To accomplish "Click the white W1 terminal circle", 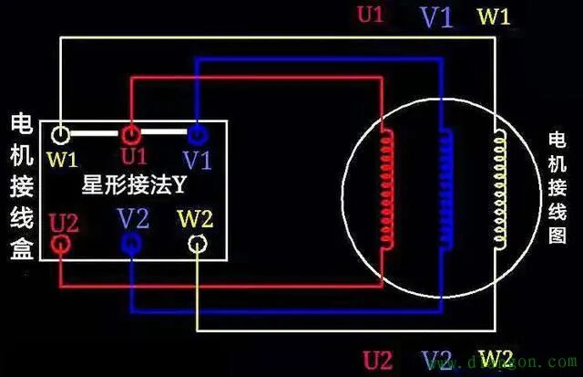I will (61, 136).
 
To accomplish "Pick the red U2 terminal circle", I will (61, 244).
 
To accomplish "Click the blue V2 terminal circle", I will (130, 244).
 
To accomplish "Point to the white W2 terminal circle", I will (197, 244).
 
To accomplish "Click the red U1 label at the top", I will (371, 16).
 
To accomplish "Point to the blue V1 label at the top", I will (435, 16).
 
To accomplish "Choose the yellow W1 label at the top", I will (496, 16).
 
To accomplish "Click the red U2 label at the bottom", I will (377, 357).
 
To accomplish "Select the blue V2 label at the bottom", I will (437, 357).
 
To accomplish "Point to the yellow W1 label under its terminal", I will (63, 160).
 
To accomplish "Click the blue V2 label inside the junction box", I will (133, 218).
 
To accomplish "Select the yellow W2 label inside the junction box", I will (195, 218).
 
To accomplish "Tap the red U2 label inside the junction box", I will (64, 220).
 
